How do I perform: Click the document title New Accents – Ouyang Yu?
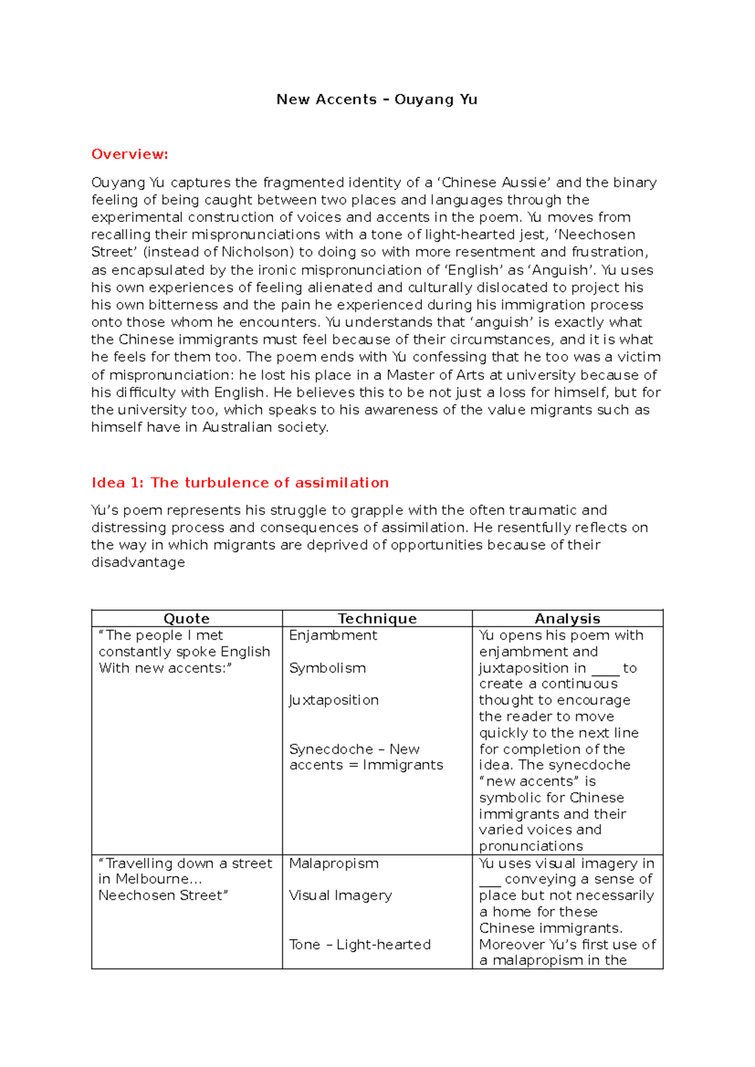click(x=377, y=99)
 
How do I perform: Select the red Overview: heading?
click(x=130, y=154)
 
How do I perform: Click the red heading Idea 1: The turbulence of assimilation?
click(x=240, y=483)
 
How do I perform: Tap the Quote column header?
click(x=186, y=618)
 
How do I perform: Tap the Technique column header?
click(x=377, y=618)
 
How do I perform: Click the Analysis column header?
click(x=567, y=618)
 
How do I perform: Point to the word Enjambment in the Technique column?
click(x=333, y=635)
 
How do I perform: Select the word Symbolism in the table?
click(x=327, y=668)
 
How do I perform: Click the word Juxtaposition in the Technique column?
click(x=333, y=700)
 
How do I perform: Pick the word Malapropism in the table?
click(x=333, y=863)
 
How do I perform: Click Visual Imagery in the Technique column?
click(x=340, y=895)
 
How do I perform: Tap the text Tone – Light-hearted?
click(x=359, y=944)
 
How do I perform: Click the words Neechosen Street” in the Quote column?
click(x=163, y=895)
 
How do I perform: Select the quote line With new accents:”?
click(x=165, y=668)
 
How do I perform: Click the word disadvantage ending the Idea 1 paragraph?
click(x=138, y=562)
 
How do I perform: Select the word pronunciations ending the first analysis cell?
click(x=530, y=846)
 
